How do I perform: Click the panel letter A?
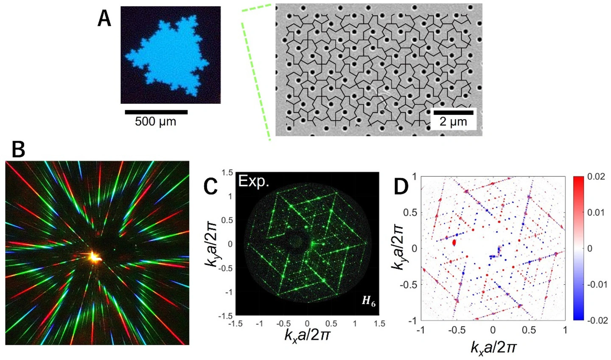[x=104, y=20]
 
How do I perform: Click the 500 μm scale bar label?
[x=155, y=122]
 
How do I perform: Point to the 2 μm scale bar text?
[x=453, y=122]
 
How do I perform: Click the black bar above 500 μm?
[x=156, y=112]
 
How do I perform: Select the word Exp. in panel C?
[x=254, y=181]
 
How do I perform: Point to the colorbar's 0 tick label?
[x=589, y=248]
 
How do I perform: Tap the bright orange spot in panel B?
[x=94, y=257]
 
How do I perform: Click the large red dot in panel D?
[x=454, y=242]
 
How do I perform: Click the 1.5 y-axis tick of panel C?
[x=227, y=172]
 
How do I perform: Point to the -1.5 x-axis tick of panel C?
[x=235, y=324]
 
